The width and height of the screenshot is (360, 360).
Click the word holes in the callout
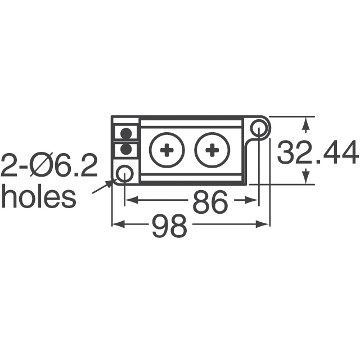[38, 197]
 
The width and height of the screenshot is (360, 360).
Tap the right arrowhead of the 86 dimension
[253, 200]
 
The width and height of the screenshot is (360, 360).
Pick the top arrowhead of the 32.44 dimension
[305, 123]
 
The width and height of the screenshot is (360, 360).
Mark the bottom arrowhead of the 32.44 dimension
[305, 178]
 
